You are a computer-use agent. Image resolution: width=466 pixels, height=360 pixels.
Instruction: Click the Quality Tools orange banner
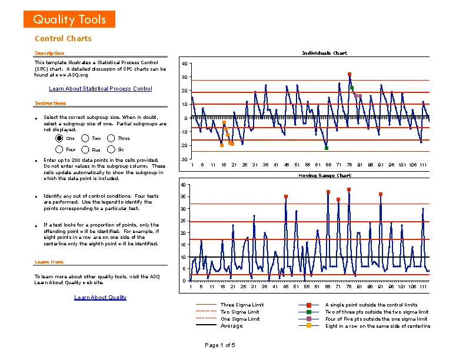click(x=69, y=19)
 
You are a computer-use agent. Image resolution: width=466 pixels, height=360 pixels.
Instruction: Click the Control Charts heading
click(x=63, y=39)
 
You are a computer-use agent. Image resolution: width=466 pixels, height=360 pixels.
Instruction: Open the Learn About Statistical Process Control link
click(x=100, y=89)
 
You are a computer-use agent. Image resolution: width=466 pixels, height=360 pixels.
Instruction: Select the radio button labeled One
click(x=59, y=138)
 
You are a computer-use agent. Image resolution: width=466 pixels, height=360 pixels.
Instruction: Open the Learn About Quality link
click(x=100, y=298)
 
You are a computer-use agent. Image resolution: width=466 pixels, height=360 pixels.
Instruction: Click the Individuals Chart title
click(x=324, y=53)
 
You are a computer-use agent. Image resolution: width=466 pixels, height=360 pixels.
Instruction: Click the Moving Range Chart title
click(x=324, y=175)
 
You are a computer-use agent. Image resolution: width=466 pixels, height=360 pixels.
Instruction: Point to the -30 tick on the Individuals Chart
click(x=184, y=159)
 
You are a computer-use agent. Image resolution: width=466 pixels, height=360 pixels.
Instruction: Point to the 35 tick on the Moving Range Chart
click(x=184, y=197)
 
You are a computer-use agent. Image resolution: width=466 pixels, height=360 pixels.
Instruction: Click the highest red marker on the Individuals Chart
click(x=349, y=74)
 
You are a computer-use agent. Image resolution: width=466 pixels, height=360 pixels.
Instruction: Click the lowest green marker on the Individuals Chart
click(x=327, y=148)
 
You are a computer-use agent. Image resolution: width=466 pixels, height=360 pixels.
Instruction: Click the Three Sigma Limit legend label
click(x=242, y=305)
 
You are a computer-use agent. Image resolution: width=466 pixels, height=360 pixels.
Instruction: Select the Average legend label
click(x=231, y=326)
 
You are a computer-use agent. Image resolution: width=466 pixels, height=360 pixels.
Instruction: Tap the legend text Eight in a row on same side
click(x=377, y=326)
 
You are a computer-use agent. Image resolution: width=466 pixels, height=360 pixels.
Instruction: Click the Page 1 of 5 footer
click(x=219, y=345)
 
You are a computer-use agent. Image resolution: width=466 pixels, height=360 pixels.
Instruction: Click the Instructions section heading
click(x=51, y=104)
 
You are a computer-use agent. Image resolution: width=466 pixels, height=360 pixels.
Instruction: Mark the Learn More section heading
click(x=49, y=262)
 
